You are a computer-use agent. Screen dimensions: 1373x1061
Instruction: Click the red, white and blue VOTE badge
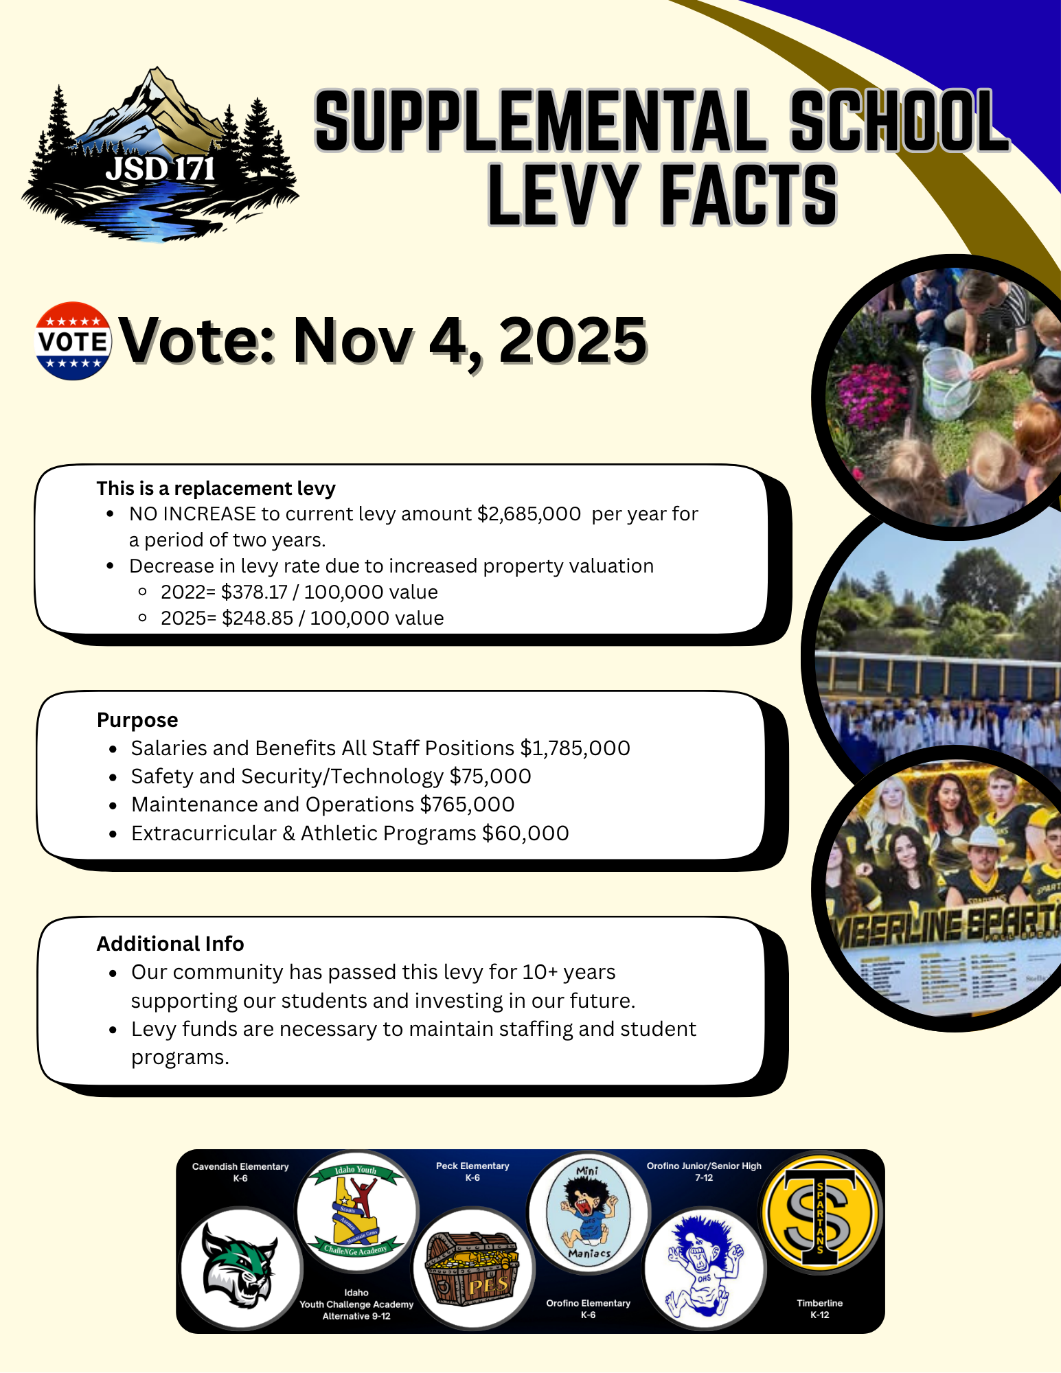point(73,341)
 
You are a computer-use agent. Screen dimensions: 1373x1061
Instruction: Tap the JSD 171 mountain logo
point(160,157)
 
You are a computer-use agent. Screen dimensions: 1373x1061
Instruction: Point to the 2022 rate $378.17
point(254,592)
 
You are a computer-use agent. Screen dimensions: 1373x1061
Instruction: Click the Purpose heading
point(137,720)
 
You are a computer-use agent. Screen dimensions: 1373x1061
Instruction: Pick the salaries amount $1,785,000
point(575,748)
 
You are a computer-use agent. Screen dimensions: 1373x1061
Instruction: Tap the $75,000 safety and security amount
point(490,776)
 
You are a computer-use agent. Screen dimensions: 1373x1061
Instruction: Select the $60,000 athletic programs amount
point(525,833)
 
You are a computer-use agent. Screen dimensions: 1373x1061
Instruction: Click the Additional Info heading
point(170,944)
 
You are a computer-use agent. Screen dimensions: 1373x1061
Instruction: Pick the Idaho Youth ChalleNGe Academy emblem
point(356,1212)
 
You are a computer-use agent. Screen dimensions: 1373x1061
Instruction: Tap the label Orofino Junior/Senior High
point(704,1166)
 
